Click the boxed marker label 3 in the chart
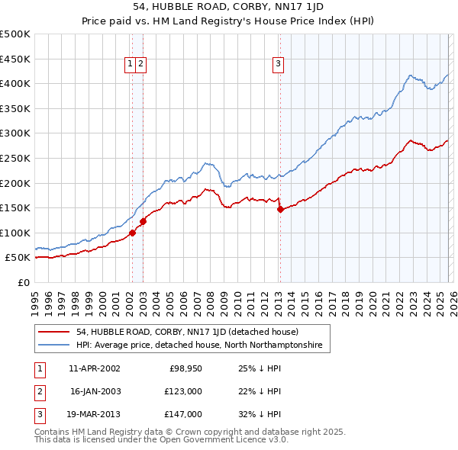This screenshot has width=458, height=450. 279,65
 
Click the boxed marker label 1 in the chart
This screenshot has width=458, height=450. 131,65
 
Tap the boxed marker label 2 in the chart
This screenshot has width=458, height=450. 142,65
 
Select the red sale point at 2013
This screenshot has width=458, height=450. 280,209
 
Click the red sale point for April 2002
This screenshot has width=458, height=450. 133,233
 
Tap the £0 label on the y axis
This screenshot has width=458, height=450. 22,282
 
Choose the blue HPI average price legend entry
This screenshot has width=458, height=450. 199,346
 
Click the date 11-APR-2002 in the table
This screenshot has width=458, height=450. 94,368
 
